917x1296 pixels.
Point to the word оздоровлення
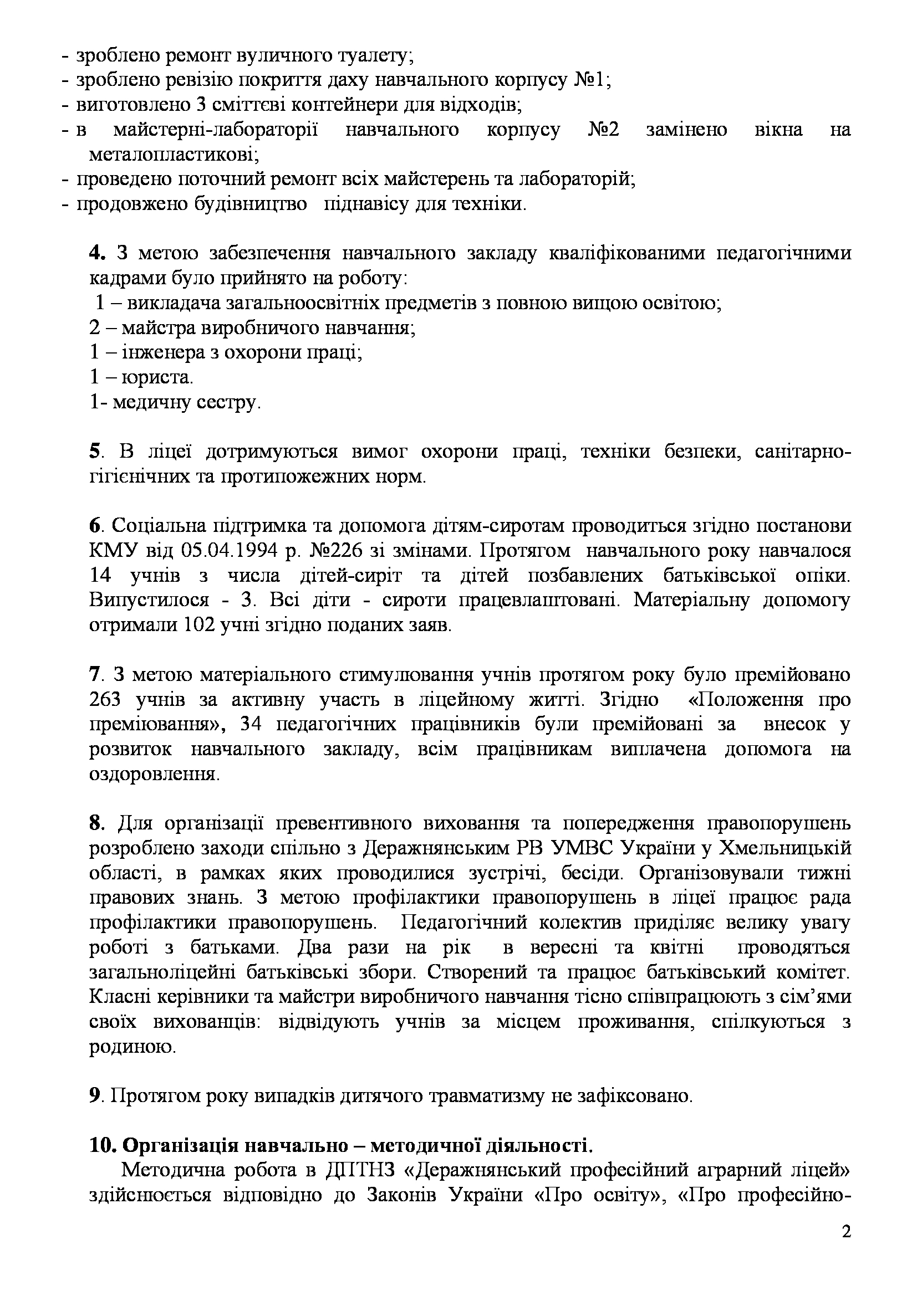(x=154, y=774)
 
